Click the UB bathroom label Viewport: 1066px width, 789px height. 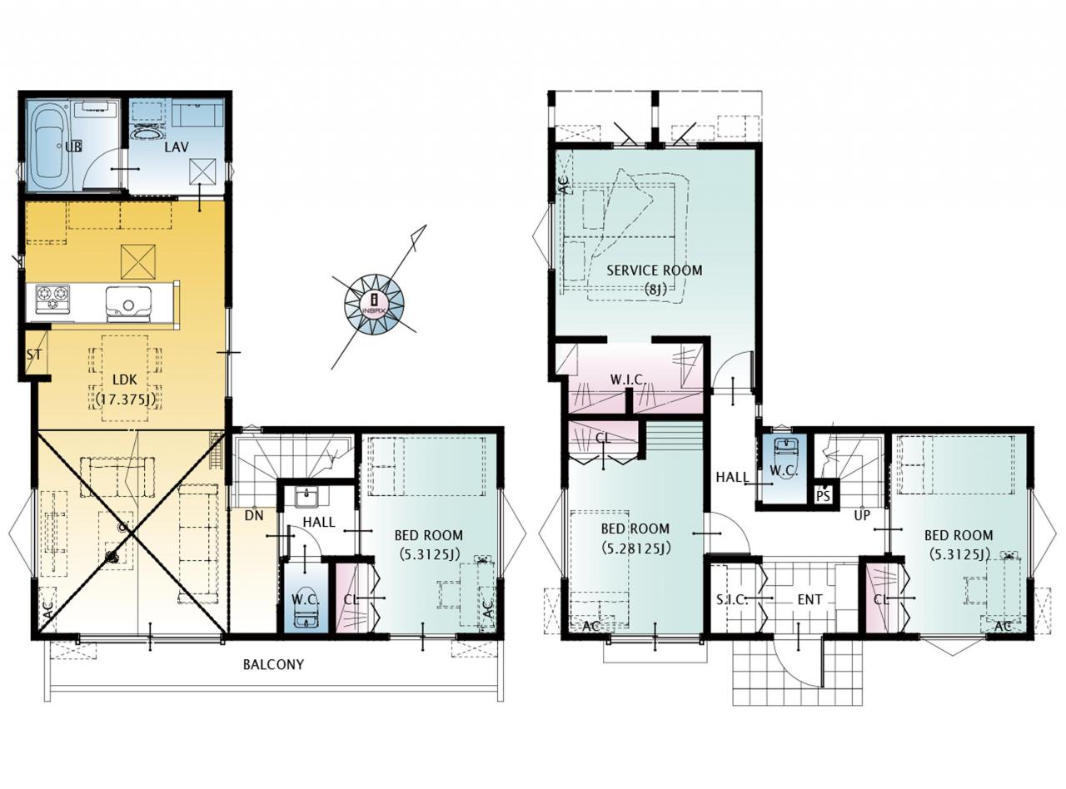pyautogui.click(x=73, y=146)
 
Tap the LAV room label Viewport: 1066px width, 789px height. pyautogui.click(x=177, y=146)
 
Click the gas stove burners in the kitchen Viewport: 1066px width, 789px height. pyautogui.click(x=52, y=298)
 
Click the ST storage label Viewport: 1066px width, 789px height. pyautogui.click(x=34, y=355)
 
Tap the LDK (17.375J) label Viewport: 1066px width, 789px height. pyautogui.click(x=125, y=390)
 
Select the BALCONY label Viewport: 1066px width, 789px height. pyautogui.click(x=273, y=664)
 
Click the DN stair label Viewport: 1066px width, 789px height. pyautogui.click(x=254, y=515)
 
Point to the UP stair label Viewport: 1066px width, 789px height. pyautogui.click(x=862, y=515)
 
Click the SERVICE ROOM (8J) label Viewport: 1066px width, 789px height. pyautogui.click(x=654, y=280)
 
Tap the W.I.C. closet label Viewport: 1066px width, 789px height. pyautogui.click(x=628, y=380)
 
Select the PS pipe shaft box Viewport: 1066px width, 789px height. pyautogui.click(x=823, y=496)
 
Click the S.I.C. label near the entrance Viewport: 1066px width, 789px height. pyautogui.click(x=732, y=600)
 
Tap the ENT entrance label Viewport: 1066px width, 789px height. pyautogui.click(x=809, y=600)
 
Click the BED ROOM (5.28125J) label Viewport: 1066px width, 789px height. pyautogui.click(x=635, y=538)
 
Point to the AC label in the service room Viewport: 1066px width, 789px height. pyautogui.click(x=565, y=186)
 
